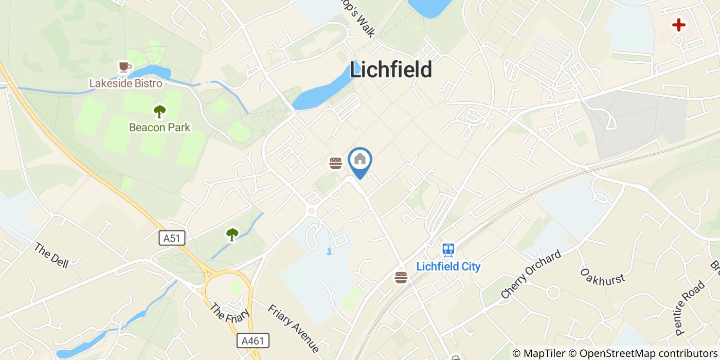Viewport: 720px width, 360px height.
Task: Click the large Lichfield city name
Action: pyautogui.click(x=391, y=70)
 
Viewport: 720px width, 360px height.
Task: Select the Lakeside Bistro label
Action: pyautogui.click(x=125, y=83)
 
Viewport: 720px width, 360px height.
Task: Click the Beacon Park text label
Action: pyautogui.click(x=159, y=127)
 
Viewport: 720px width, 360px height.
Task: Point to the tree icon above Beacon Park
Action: pyautogui.click(x=159, y=111)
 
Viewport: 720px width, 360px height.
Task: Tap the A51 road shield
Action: pyautogui.click(x=172, y=238)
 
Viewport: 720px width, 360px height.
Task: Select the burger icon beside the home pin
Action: pyautogui.click(x=336, y=164)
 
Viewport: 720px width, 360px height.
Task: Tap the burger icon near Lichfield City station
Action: pyautogui.click(x=401, y=278)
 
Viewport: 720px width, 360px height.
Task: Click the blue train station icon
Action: pyautogui.click(x=448, y=250)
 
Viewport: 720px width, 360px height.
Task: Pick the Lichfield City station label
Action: pyautogui.click(x=448, y=266)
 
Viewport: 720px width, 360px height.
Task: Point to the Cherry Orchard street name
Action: pyautogui.click(x=530, y=275)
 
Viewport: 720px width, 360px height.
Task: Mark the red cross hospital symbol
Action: pyautogui.click(x=679, y=25)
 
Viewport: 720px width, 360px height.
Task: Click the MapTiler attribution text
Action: pyautogui.click(x=543, y=353)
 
